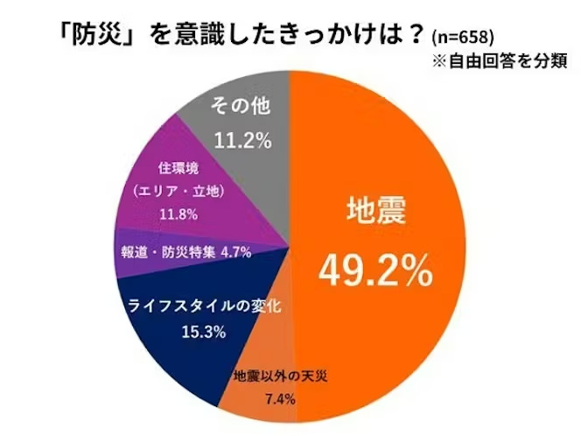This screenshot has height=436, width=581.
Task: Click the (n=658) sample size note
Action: click(463, 38)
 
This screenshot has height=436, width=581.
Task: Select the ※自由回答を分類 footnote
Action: click(500, 61)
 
